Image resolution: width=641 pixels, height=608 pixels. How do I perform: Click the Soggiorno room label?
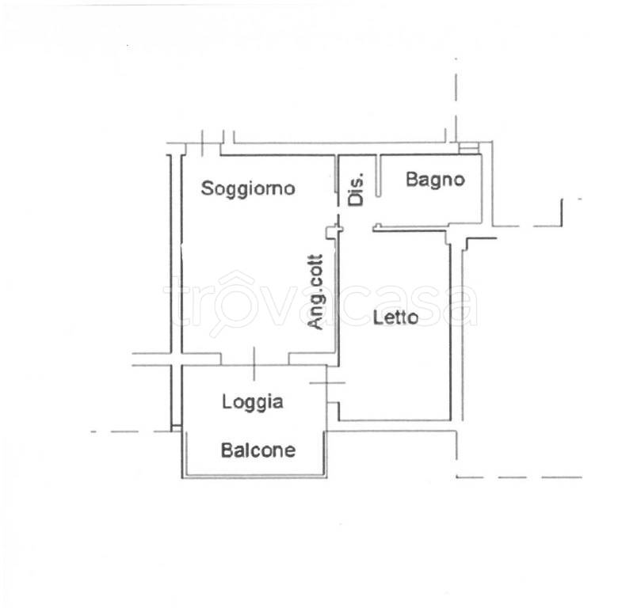(248, 188)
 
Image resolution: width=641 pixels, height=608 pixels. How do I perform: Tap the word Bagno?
(435, 180)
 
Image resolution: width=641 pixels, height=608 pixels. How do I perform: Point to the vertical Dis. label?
(356, 190)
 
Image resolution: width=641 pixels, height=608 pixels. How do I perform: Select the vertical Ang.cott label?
(315, 292)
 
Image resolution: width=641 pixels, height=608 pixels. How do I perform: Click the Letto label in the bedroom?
(395, 317)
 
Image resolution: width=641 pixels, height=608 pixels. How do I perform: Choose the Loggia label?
(253, 402)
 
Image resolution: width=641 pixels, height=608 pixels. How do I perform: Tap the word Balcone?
(258, 450)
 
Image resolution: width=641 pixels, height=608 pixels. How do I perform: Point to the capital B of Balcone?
(227, 450)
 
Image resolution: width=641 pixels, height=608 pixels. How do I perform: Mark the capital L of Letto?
(377, 317)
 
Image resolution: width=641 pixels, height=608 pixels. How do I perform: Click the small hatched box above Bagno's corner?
(468, 147)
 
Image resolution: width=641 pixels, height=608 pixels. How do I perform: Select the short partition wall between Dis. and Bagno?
(379, 176)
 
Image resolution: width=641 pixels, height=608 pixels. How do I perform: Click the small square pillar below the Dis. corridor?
(333, 232)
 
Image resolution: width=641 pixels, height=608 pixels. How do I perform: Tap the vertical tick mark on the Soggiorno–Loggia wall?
(254, 364)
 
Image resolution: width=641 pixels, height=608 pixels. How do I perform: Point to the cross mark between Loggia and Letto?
(327, 382)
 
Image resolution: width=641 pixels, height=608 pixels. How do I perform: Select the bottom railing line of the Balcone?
(254, 477)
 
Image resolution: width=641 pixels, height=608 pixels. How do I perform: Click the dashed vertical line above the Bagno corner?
(456, 100)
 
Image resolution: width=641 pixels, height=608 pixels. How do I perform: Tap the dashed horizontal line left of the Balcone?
(131, 431)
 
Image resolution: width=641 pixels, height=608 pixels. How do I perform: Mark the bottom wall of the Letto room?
(395, 420)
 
